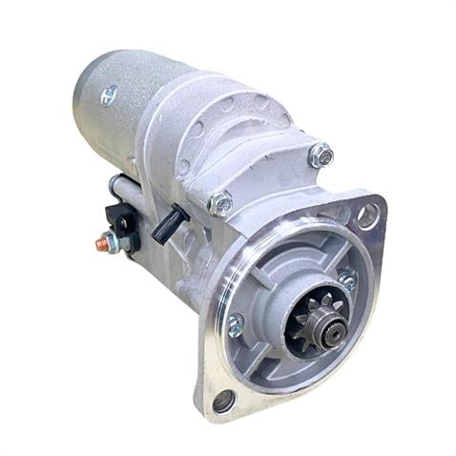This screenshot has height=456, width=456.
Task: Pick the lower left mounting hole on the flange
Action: (x=223, y=402)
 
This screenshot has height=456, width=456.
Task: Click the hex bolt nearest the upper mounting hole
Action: (x=321, y=155)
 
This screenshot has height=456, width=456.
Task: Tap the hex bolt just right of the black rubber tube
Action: (x=220, y=202)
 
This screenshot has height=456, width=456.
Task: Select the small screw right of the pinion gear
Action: (x=347, y=280)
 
